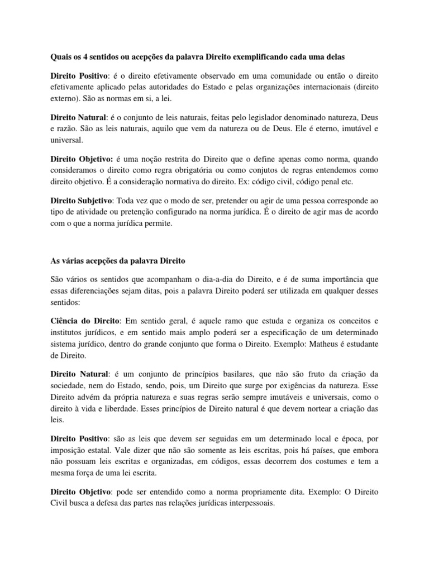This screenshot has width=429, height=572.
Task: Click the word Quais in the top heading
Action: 55,56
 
